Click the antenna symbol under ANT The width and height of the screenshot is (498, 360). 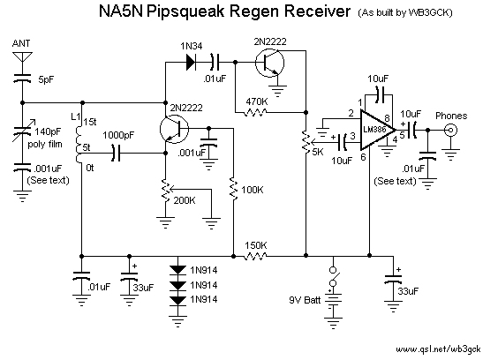click(x=23, y=58)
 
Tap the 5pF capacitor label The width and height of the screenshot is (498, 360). click(x=46, y=79)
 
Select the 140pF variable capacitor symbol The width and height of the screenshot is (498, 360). click(x=23, y=131)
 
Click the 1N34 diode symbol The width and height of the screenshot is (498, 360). click(x=191, y=63)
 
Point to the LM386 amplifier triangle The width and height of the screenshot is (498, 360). click(x=377, y=130)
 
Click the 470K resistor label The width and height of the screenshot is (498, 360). click(x=257, y=101)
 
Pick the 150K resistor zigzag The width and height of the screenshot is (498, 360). click(x=255, y=256)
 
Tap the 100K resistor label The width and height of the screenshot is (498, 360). click(x=253, y=190)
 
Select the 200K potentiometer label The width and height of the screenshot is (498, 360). click(x=185, y=200)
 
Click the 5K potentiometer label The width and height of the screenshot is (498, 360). click(x=318, y=152)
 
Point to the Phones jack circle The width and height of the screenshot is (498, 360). click(x=450, y=130)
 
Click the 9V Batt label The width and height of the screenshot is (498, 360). click(x=305, y=300)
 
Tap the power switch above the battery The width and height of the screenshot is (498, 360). click(x=334, y=276)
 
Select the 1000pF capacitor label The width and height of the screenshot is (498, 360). click(x=118, y=136)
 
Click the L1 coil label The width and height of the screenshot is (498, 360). click(x=76, y=116)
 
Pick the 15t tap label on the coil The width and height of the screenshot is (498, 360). click(x=90, y=123)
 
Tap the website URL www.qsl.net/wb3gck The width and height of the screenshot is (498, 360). click(x=438, y=349)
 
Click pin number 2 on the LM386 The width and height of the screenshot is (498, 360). click(x=351, y=113)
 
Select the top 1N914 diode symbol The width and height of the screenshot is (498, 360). click(x=177, y=270)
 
